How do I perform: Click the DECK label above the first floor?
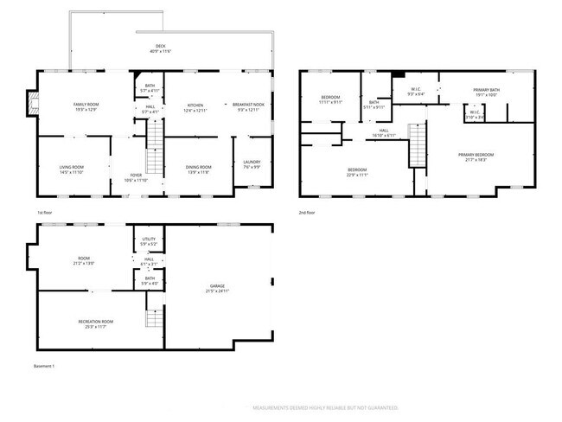[160, 47]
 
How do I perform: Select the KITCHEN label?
[195, 106]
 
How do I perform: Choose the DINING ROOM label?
[199, 168]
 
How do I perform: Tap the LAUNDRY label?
[252, 162]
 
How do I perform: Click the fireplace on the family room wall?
[33, 103]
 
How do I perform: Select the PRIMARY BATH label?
[487, 90]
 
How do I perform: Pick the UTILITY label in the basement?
[148, 240]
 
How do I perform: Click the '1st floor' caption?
[46, 212]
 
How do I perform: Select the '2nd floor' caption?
[307, 212]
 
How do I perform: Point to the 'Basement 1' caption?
[44, 367]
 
